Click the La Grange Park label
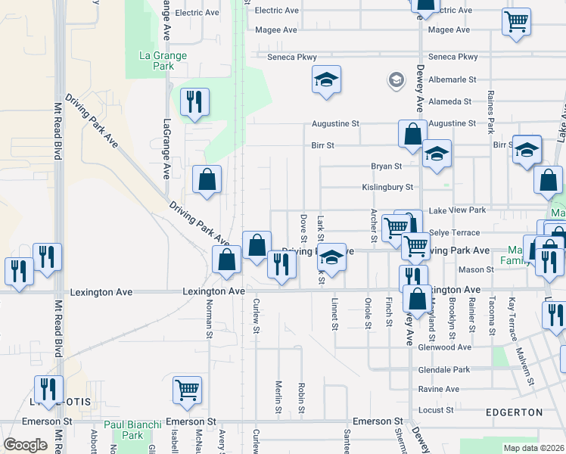click(x=157, y=61)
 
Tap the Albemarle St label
click(x=451, y=79)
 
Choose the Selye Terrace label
click(x=454, y=232)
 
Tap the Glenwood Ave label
click(x=444, y=347)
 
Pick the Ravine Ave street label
click(x=438, y=389)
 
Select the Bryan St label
click(x=386, y=166)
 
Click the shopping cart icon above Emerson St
click(x=187, y=390)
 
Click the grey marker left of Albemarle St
click(x=396, y=79)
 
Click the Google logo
click(x=25, y=445)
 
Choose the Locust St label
click(x=435, y=409)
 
